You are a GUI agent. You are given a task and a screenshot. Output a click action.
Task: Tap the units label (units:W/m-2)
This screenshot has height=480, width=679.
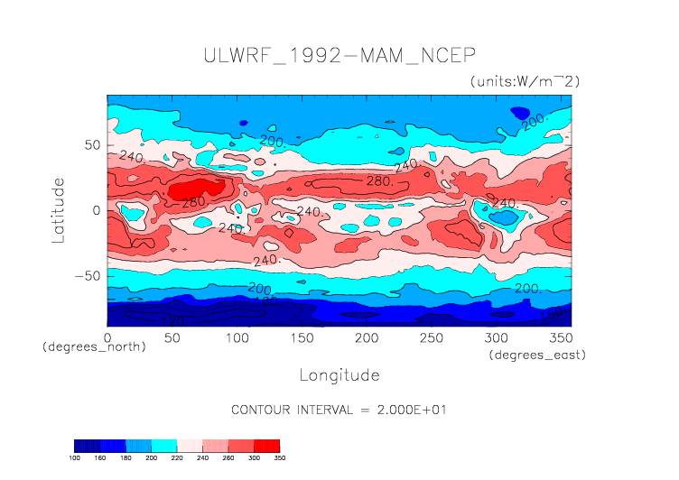coord(524,81)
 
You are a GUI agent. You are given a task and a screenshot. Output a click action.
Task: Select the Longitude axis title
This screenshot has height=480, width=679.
coord(339,374)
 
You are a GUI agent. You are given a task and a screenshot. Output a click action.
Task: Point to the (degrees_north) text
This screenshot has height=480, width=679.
coord(94,347)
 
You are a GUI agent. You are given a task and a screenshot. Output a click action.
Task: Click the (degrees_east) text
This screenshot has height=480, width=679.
coord(537,355)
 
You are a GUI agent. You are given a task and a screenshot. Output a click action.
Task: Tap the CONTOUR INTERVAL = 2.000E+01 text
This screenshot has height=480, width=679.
coord(339,410)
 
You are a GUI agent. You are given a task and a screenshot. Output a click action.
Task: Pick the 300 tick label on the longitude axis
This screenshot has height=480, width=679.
coord(495,337)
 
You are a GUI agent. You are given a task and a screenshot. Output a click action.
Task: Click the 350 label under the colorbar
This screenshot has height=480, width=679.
coord(279,457)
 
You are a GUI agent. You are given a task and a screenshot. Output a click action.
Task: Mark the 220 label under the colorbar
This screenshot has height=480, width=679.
coord(177,457)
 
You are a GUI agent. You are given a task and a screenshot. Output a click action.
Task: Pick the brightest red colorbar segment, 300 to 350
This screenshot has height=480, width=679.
coord(266,446)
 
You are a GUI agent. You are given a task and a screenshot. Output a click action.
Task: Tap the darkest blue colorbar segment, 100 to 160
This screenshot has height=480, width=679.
coord(87,446)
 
